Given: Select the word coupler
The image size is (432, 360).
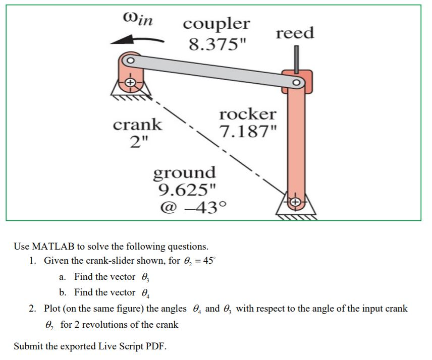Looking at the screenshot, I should coord(216,24).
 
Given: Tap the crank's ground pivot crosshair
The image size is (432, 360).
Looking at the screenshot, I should coord(130,82).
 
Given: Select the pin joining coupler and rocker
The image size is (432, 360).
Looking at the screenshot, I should coord(297,82).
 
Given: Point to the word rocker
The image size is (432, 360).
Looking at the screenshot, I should coord(247,114).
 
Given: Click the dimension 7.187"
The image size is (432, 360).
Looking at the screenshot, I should coord(248,133).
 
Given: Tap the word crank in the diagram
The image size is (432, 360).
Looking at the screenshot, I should coord(137,124).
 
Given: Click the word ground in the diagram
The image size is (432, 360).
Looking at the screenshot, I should coord(184,172).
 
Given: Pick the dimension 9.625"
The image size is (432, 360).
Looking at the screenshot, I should coord(187,190).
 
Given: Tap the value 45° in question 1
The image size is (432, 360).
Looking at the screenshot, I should coord(211,261).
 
